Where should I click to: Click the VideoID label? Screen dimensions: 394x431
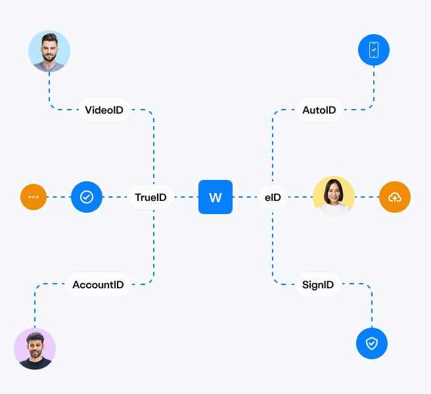click(104, 110)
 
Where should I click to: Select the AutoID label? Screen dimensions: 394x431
click(319, 110)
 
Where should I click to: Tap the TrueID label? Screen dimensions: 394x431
click(150, 197)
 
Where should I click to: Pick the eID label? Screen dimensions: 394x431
click(273, 197)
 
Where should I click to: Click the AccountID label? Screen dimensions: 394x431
click(98, 284)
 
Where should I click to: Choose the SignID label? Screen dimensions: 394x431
click(318, 284)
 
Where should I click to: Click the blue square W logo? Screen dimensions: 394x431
click(215, 197)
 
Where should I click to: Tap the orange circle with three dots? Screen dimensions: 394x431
click(34, 197)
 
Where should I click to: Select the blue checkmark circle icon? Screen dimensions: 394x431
click(87, 197)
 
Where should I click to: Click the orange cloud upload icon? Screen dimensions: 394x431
click(395, 197)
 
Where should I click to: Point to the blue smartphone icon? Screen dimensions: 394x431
click(374, 50)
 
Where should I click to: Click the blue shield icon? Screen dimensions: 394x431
click(372, 343)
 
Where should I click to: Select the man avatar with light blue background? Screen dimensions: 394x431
click(49, 51)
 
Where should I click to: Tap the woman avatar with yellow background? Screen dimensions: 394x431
click(334, 197)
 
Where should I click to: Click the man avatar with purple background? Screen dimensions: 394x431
click(35, 349)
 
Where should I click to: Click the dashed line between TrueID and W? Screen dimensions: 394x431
click(186, 197)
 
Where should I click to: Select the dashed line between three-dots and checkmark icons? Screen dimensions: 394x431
click(58, 197)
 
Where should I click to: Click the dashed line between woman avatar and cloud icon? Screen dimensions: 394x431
click(367, 197)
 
